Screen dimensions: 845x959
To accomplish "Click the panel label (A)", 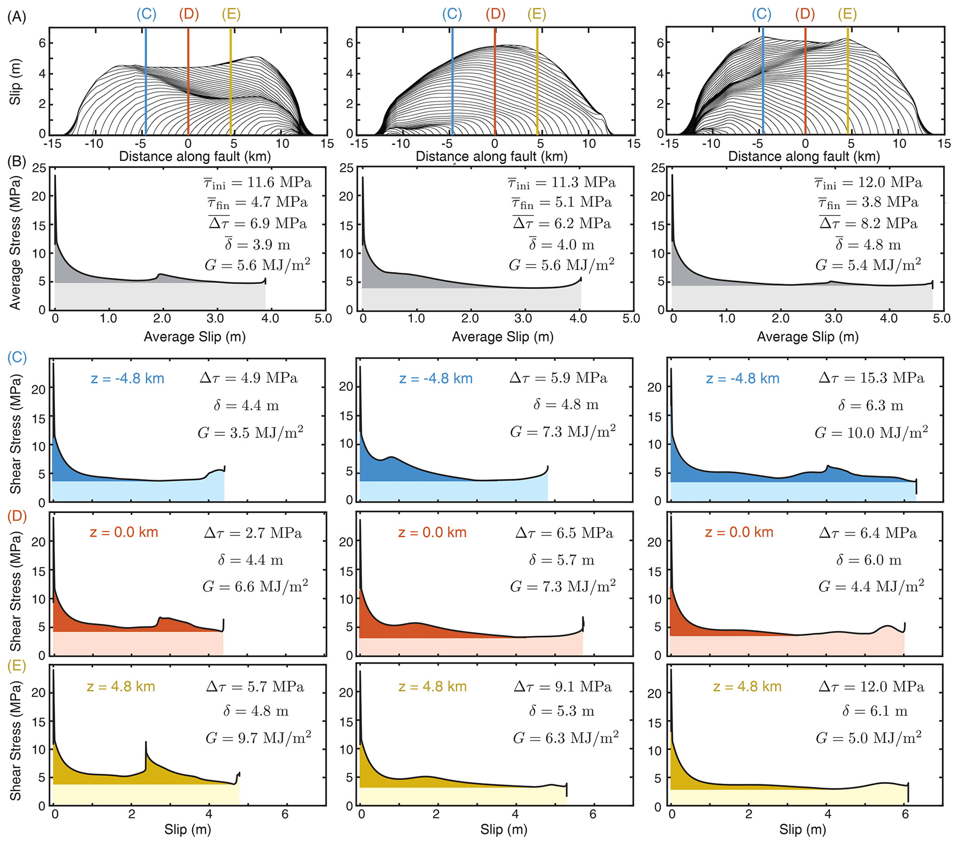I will click(x=16, y=17).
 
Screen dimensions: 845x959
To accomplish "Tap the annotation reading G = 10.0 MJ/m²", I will click(x=871, y=432).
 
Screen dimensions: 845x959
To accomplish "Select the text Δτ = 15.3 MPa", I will click(x=871, y=378).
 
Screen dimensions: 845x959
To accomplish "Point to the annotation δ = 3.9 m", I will click(x=257, y=244).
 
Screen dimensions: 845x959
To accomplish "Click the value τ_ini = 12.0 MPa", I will click(x=868, y=182).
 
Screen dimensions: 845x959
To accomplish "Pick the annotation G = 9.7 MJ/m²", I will click(x=258, y=737).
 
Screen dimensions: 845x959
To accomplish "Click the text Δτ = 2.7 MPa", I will click(x=253, y=533).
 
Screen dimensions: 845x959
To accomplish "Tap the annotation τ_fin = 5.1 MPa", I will click(x=561, y=203).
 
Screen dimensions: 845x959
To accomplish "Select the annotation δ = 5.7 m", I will click(x=561, y=560).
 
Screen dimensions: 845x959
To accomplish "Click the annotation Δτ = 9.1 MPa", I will click(x=562, y=687).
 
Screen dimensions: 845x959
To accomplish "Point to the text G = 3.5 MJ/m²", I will click(x=250, y=432).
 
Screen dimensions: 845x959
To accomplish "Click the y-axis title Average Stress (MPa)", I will click(x=15, y=243).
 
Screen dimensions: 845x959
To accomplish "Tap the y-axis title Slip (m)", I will click(x=15, y=82).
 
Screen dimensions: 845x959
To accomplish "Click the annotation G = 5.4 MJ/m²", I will click(x=868, y=265).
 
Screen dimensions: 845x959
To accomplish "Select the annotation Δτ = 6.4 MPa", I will click(x=868, y=533).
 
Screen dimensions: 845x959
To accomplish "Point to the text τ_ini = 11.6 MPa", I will click(x=257, y=182).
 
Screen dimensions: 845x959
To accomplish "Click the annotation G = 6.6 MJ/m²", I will click(x=255, y=586).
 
